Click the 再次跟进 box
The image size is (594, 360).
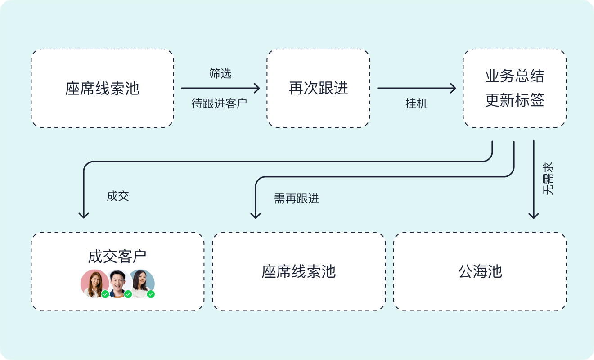tap(318, 88)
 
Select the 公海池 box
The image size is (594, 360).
tap(480, 271)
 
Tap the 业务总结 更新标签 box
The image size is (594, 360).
tap(514, 88)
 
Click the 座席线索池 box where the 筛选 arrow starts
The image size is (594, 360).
tap(103, 88)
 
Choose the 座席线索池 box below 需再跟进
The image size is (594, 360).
tap(299, 271)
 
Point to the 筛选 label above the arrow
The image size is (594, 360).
tap(220, 74)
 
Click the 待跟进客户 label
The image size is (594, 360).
tap(220, 104)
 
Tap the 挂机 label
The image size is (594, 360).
tap(416, 104)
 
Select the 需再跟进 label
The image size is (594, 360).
tap(297, 198)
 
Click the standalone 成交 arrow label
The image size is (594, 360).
tap(118, 196)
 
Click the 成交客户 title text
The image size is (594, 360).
tap(117, 256)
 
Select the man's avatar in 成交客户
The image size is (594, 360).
tap(118, 283)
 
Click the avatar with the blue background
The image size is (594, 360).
tap(141, 283)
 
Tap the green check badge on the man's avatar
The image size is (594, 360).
tap(128, 294)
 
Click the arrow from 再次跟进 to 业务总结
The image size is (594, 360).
tap(416, 88)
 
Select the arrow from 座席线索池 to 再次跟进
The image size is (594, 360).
tap(220, 88)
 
